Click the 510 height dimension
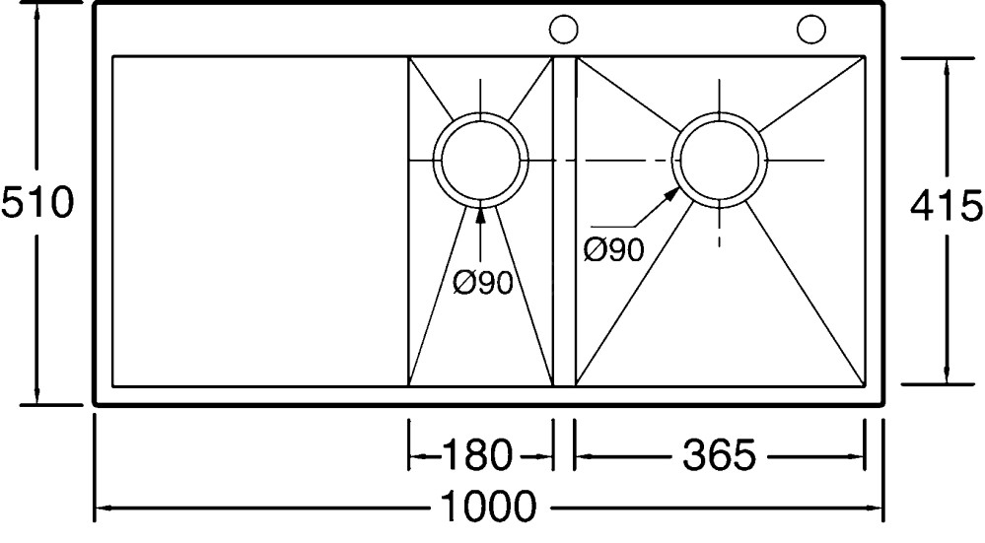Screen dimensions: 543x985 (37, 204)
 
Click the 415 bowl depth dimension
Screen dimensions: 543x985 (946, 206)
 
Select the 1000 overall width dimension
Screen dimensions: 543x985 (489, 509)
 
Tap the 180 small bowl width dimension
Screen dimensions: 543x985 (476, 455)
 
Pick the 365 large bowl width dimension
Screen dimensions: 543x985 (719, 455)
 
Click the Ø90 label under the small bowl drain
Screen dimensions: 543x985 (483, 283)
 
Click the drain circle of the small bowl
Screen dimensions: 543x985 (480, 160)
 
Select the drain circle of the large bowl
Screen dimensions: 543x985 (719, 160)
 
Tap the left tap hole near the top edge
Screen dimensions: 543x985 (563, 30)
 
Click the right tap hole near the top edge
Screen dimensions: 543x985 (811, 30)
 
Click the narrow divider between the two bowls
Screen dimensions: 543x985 (563, 221)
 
